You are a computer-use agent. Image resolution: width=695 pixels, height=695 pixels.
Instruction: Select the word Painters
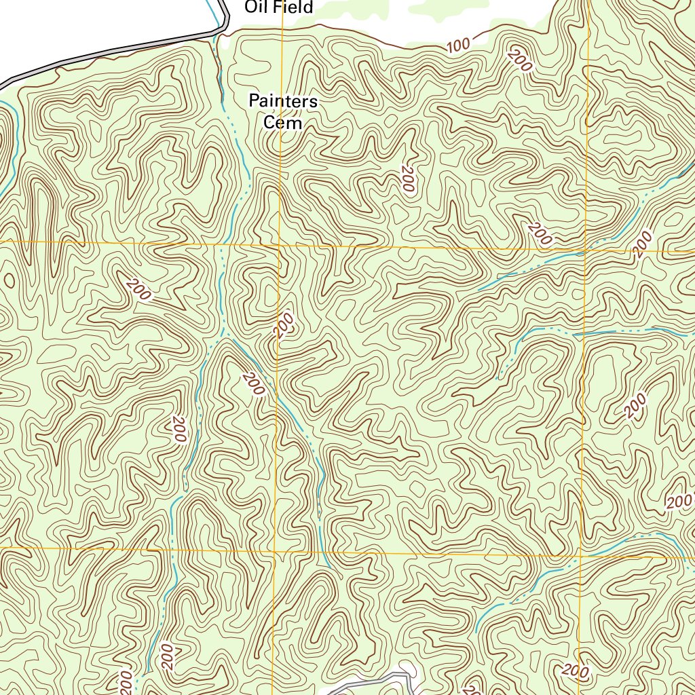283,102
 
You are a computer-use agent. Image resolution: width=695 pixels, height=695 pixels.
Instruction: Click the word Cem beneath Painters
283,123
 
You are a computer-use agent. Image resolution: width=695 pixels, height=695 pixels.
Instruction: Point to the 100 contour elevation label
459,46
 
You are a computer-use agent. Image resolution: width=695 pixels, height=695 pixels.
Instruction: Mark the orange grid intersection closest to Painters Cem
280,245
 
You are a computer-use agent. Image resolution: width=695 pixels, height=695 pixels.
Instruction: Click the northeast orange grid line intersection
585,250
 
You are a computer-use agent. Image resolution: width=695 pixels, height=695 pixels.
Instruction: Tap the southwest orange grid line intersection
275,548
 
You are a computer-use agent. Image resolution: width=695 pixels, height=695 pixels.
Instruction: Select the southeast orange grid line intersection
581,557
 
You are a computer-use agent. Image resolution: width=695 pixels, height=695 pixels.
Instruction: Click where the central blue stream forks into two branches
224,336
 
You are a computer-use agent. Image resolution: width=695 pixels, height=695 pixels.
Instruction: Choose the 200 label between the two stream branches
252,384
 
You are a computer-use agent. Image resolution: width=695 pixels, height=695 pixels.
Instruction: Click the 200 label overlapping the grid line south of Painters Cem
284,325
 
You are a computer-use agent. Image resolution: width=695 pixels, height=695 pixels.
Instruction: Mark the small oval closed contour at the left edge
10,280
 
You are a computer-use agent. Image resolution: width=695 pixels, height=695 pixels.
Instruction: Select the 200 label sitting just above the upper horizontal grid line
540,233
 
